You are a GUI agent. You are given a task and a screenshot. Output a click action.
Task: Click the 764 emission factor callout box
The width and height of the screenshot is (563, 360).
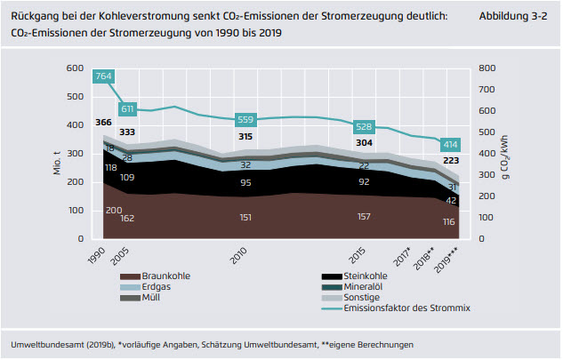[103, 76]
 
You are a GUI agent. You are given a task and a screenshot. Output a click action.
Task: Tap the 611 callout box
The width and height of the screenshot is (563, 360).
[127, 108]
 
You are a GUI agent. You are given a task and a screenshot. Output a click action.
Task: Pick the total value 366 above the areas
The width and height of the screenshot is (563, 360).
[103, 123]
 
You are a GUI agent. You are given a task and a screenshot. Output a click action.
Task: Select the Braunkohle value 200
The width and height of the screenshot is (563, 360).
[114, 210]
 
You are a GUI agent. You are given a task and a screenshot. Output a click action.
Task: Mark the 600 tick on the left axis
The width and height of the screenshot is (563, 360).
[75, 68]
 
